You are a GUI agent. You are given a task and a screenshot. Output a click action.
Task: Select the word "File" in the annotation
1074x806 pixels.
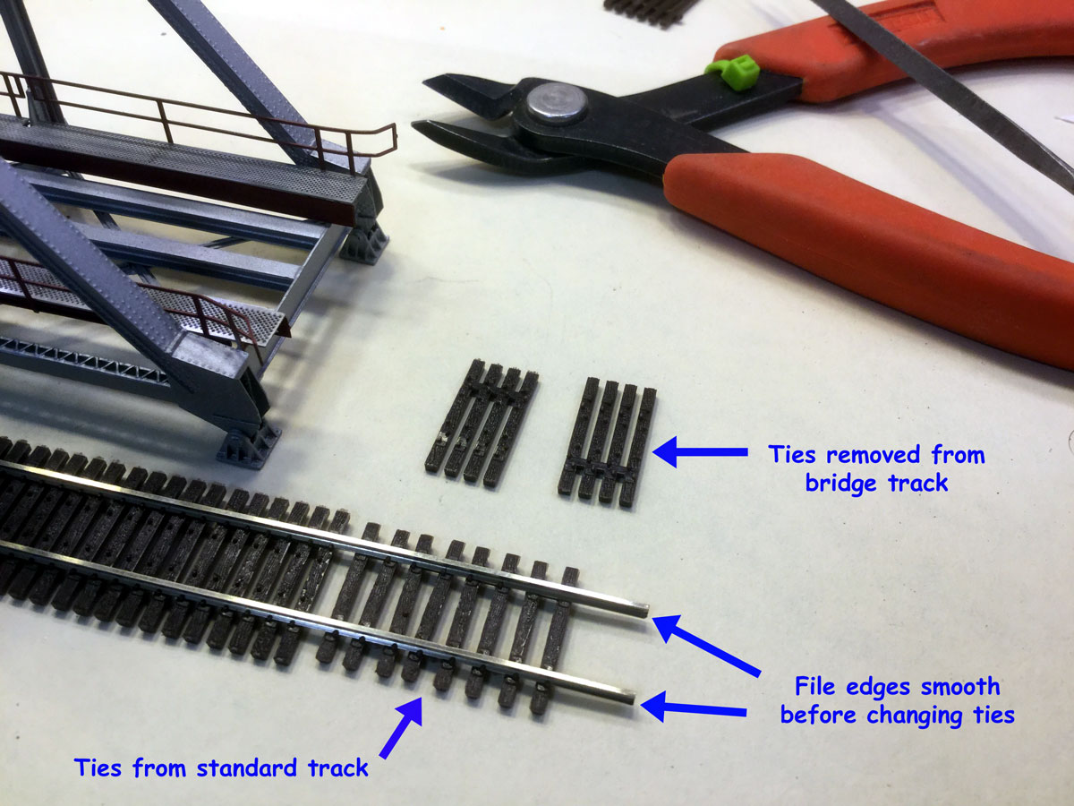pos(821,687)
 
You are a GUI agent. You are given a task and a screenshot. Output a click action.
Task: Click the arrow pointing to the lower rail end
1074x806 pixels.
pos(695,709)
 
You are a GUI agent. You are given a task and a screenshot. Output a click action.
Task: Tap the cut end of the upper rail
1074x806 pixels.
pos(643,610)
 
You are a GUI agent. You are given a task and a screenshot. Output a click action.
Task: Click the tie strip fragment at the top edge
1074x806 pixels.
pos(649,11)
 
